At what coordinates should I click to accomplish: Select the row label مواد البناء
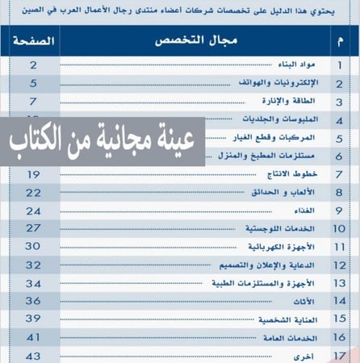coord(304,64)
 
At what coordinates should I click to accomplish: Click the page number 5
coord(33,83)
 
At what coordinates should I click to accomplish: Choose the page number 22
coord(33,192)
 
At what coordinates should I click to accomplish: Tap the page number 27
coord(33,228)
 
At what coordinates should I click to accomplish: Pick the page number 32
coord(33,265)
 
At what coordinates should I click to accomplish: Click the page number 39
coord(33,319)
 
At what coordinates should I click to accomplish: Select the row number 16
coord(339,337)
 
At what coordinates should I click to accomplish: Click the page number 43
coord(33,355)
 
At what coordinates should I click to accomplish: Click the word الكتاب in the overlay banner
coord(36,144)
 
